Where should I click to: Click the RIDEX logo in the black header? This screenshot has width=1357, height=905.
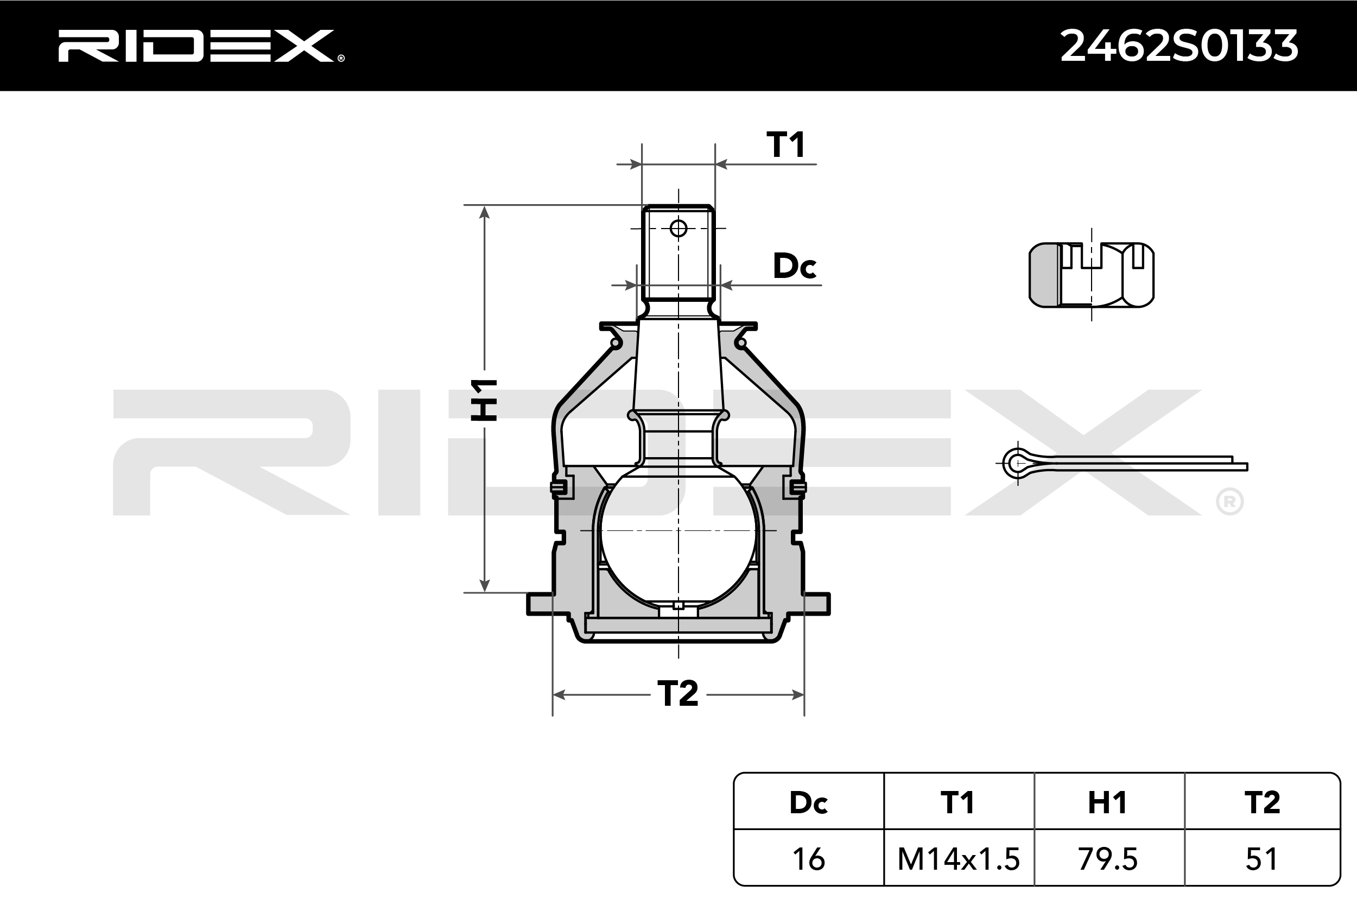tap(201, 46)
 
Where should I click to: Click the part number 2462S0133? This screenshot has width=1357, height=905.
tap(1179, 46)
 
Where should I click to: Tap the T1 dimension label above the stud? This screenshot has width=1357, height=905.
tap(785, 144)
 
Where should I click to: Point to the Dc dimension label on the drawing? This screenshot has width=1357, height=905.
tap(795, 266)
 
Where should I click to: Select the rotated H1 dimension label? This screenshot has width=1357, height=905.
tap(484, 400)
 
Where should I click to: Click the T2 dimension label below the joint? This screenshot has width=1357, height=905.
tap(678, 693)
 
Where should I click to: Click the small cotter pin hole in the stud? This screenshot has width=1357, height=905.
tap(678, 229)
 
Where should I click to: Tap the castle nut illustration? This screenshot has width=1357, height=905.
tap(1091, 275)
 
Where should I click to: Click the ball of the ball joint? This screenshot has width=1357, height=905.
tap(678, 535)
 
